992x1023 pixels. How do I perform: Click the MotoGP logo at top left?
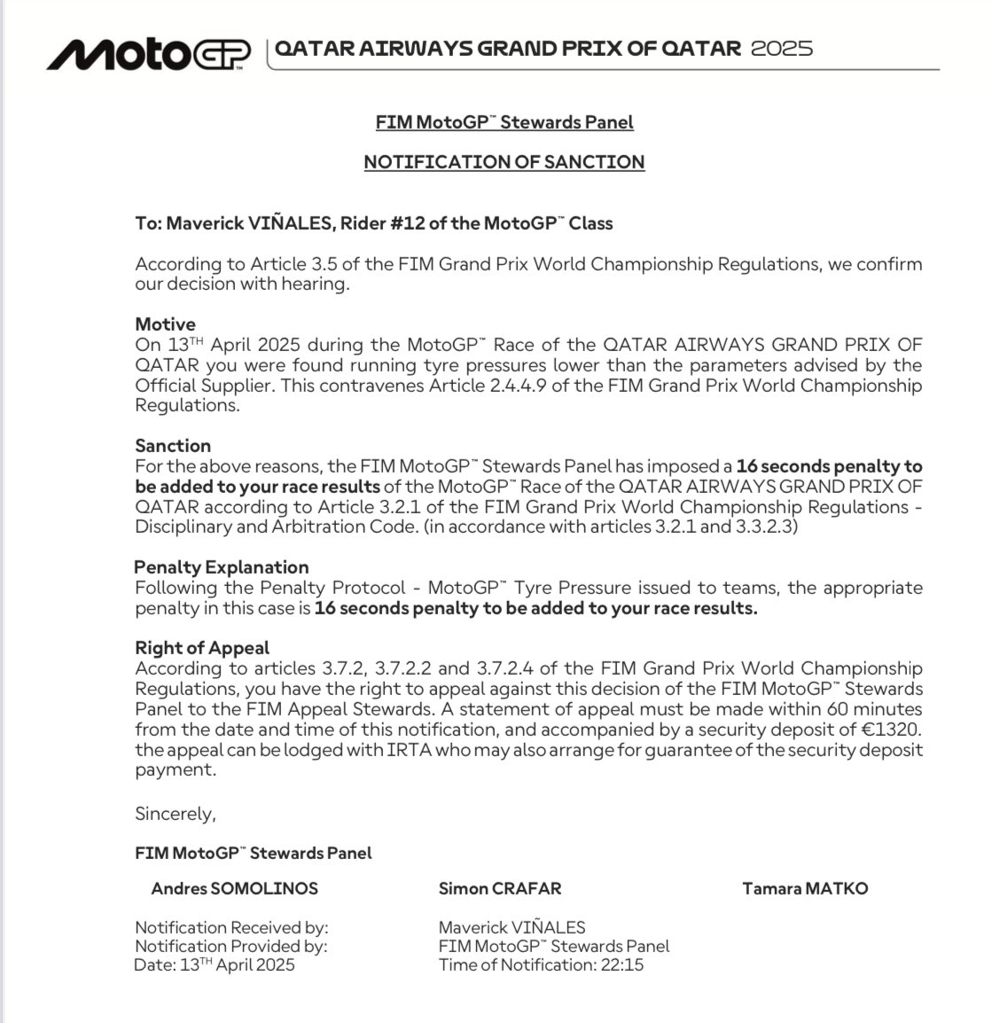point(148,54)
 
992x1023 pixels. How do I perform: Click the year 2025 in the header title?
point(781,48)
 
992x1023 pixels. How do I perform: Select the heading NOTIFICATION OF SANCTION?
point(504,162)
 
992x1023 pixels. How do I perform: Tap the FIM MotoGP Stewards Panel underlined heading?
point(504,122)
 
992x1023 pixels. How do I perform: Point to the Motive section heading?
point(165,324)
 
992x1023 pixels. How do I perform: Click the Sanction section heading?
point(173,446)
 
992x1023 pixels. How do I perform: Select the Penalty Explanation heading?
point(222,567)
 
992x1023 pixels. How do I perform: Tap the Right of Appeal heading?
point(202,648)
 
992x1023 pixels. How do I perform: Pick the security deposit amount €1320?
point(892,730)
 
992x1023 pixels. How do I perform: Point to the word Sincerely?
point(175,813)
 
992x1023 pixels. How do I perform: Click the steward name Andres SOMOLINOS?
point(234,888)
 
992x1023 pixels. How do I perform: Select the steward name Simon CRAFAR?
point(499,888)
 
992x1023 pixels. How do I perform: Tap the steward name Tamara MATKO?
point(805,888)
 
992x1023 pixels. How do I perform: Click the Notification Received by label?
point(231,927)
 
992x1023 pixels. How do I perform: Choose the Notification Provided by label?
point(230,946)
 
